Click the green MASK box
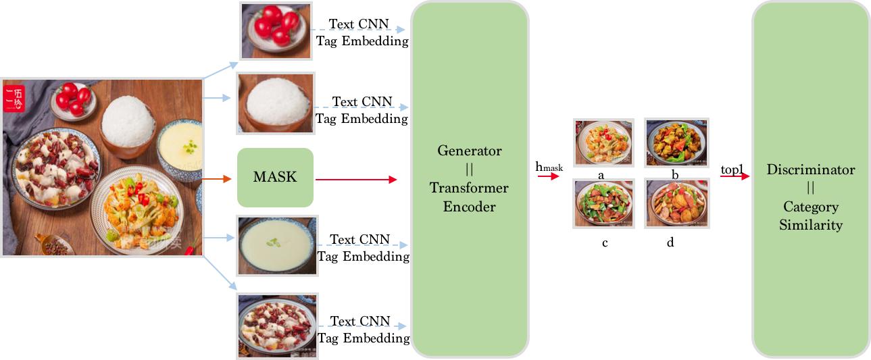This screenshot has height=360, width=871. tap(275, 177)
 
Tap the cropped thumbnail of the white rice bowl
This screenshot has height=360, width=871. tap(275, 103)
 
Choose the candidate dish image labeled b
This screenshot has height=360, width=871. tap(676, 143)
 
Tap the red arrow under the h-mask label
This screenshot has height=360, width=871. tap(549, 176)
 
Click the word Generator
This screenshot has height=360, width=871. tap(469, 150)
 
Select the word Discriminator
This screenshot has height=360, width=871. tap(810, 170)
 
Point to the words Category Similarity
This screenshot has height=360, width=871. tap(810, 215)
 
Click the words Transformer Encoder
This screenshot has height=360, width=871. tap(469, 197)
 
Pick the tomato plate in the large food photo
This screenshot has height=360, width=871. tap(72, 100)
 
